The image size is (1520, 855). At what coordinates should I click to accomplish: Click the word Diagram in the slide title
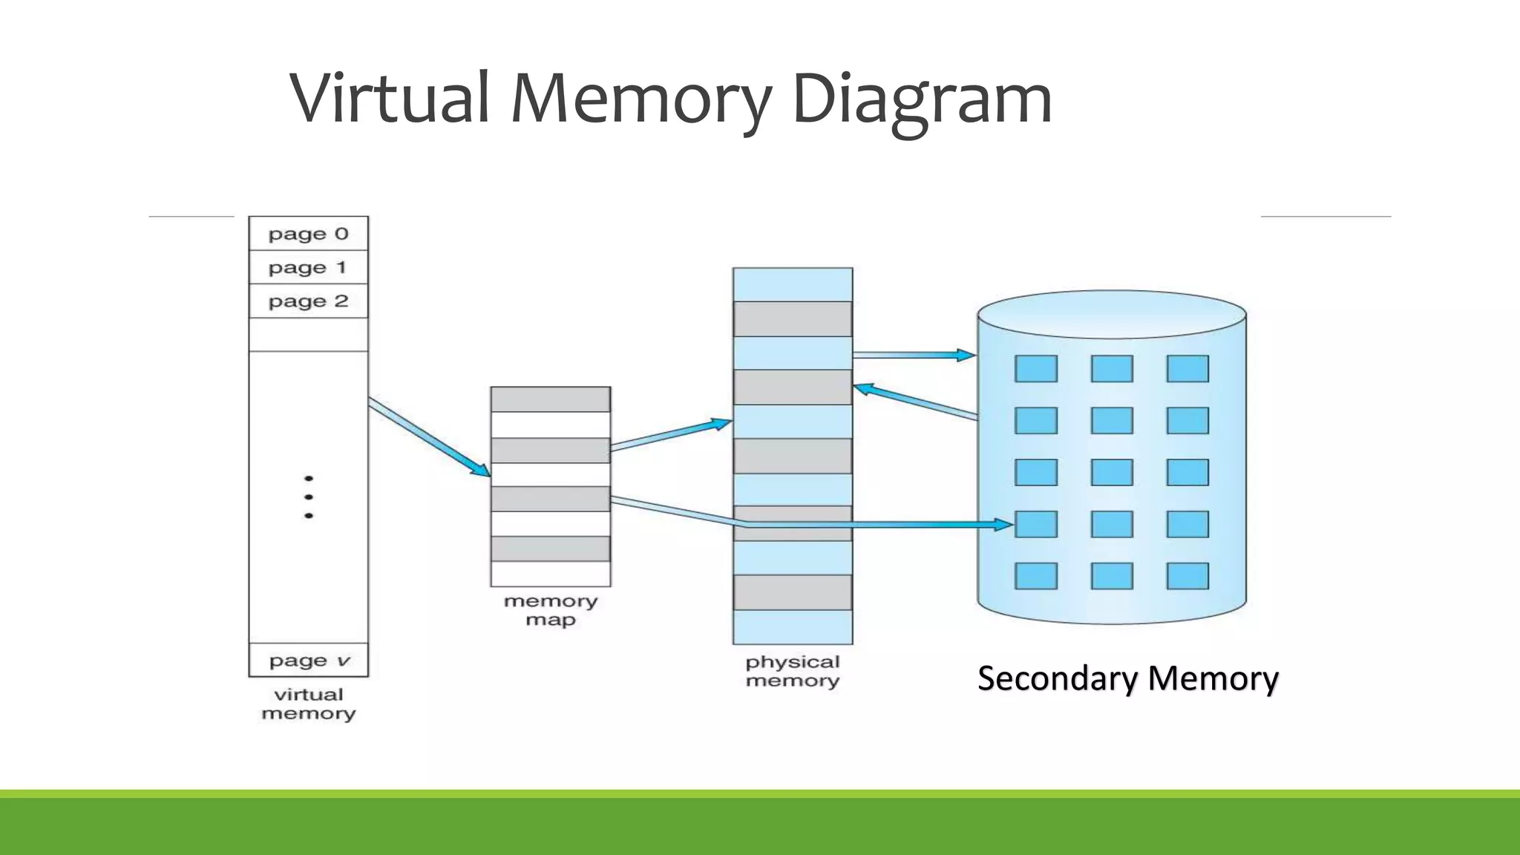click(922, 99)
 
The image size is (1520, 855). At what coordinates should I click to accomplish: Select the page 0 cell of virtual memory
click(308, 234)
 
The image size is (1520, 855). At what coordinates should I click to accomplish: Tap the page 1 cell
click(308, 267)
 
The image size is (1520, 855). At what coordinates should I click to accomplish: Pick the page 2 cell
click(308, 301)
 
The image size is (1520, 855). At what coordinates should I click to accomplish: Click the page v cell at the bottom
click(308, 660)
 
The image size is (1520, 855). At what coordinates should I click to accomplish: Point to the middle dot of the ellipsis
click(309, 497)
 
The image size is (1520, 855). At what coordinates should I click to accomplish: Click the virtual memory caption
click(308, 704)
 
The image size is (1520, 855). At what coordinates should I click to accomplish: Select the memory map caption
click(550, 610)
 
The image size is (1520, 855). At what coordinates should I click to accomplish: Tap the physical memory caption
click(792, 671)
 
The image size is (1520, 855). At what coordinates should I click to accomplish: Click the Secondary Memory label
click(1127, 678)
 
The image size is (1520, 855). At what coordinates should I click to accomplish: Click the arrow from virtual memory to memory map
click(429, 437)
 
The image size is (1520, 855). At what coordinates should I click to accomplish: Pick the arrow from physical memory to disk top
click(913, 356)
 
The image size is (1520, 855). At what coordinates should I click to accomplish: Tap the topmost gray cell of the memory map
click(550, 399)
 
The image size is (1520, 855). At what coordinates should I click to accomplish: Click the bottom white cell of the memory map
click(550, 574)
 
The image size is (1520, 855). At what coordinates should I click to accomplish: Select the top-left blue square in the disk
click(1035, 368)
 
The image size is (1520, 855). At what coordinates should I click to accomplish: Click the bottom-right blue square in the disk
click(1187, 576)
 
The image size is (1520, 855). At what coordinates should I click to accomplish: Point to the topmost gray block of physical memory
click(792, 318)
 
